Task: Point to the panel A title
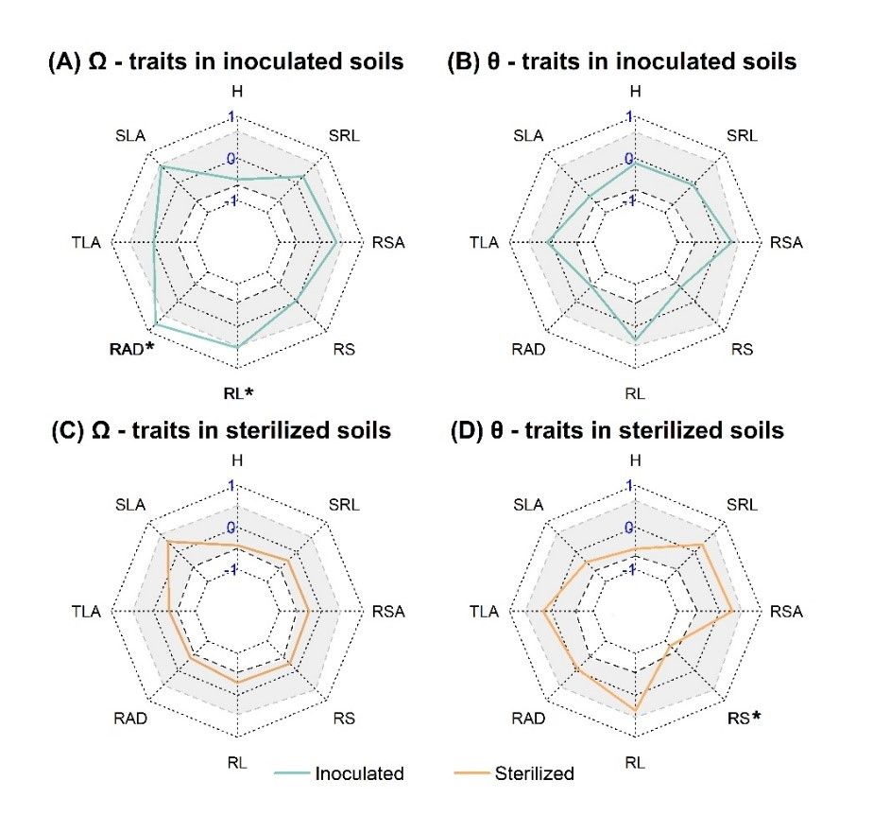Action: point(226,62)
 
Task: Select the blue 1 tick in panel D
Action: point(630,486)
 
